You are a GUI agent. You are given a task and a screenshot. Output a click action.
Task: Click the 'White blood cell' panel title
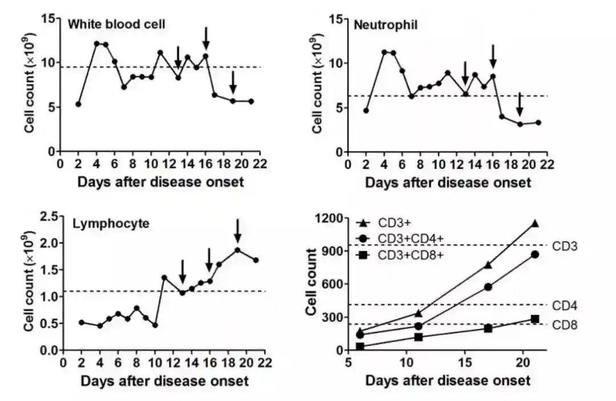(x=117, y=25)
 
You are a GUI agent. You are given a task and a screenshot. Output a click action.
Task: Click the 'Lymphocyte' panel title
(x=111, y=224)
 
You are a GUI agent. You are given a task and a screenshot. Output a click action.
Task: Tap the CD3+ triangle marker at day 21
(x=535, y=224)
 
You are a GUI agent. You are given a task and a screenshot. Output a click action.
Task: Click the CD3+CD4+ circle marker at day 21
(x=535, y=254)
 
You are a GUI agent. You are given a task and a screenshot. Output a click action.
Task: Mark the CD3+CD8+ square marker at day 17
(x=488, y=328)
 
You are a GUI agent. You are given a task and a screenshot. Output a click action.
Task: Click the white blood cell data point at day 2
(x=78, y=104)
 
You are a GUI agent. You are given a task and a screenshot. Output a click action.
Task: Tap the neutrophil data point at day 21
(x=538, y=123)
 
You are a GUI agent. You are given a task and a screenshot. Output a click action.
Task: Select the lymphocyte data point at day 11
(x=164, y=278)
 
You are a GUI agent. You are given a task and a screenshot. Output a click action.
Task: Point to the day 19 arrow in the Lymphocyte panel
(x=238, y=230)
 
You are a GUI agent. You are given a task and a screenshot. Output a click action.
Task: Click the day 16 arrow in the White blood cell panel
(x=206, y=38)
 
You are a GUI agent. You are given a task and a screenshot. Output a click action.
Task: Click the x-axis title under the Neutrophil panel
(x=448, y=183)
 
